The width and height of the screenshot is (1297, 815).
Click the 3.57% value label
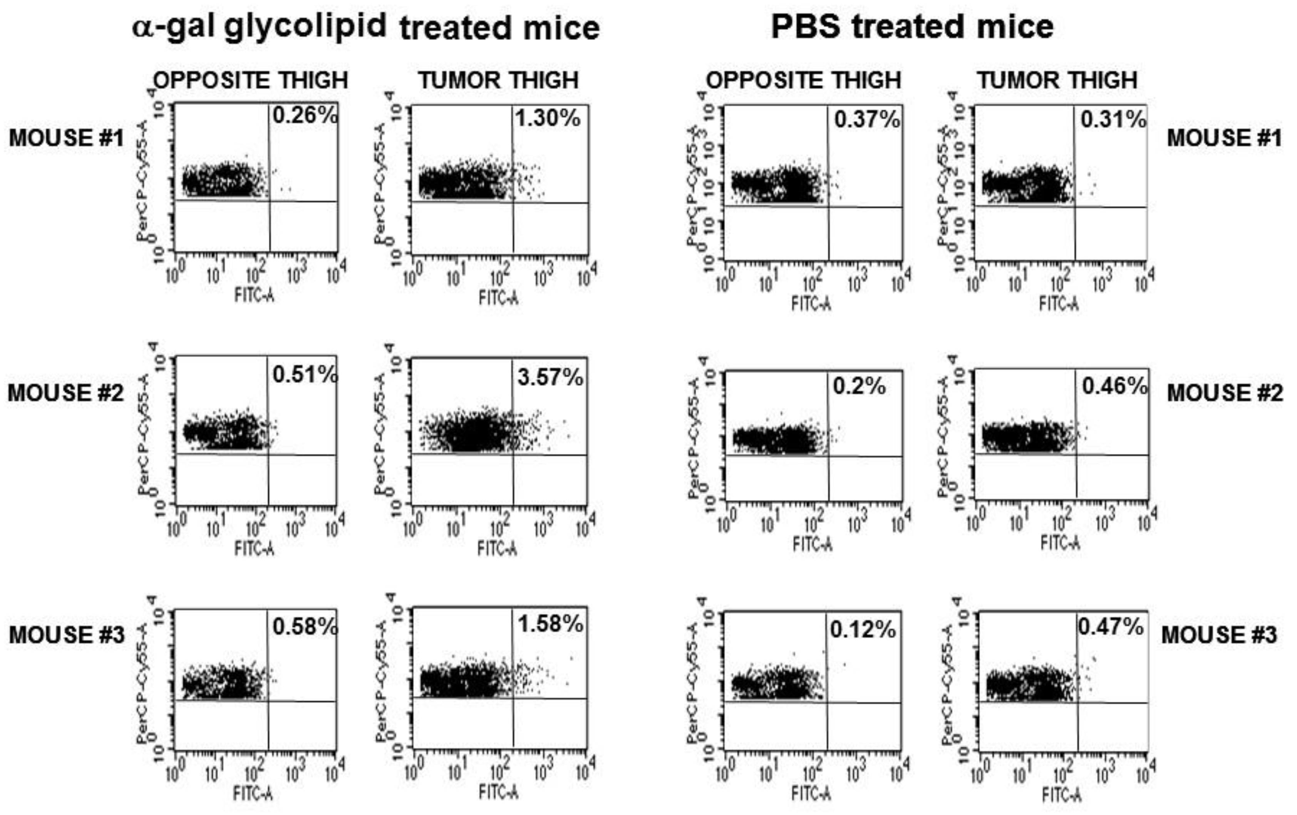tap(550, 377)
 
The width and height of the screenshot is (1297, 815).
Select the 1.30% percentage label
tap(547, 118)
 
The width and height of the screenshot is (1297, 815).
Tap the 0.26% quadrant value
tap(305, 115)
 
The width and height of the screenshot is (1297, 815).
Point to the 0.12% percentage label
tap(863, 629)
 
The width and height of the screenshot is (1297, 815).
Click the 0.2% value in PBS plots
tap(859, 386)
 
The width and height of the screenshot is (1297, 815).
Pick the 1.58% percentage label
tap(550, 624)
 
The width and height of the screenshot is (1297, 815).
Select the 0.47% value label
tap(1111, 627)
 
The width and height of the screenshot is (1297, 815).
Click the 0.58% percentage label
tap(305, 627)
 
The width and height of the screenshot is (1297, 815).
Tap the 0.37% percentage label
tap(866, 119)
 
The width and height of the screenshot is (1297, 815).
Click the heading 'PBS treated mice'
tap(912, 27)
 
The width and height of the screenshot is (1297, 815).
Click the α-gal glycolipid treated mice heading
tap(366, 27)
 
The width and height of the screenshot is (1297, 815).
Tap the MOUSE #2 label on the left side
tap(65, 393)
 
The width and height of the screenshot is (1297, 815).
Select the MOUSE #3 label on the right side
tap(1219, 635)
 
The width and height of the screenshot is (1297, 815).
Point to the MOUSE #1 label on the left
tap(66, 138)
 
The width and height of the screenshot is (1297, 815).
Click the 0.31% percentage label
tap(1113, 119)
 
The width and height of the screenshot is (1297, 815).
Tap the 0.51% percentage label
tap(305, 375)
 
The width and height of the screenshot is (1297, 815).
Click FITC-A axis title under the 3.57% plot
tap(497, 549)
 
